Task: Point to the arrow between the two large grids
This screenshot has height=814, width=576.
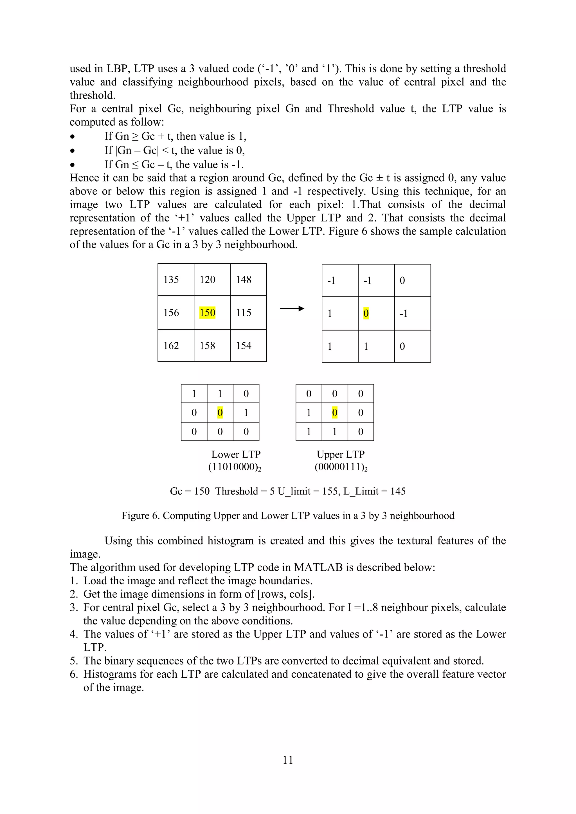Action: tap(292, 308)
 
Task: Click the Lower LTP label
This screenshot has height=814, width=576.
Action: tap(236, 454)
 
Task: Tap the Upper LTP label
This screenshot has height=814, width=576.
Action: tap(341, 454)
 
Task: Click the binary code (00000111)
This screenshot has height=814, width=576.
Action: tap(341, 467)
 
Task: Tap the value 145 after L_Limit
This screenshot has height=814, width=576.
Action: tap(398, 491)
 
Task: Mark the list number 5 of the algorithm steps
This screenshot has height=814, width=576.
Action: tap(73, 661)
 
